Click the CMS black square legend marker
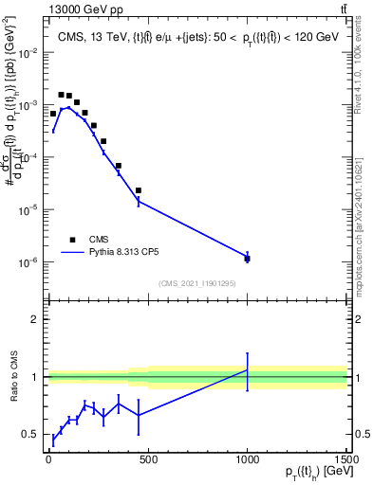[72, 240]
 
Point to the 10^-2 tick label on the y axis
[28, 52]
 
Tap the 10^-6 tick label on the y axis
[28, 261]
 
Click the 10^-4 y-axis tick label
[28, 157]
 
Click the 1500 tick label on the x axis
[346, 459]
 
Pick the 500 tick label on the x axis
[148, 459]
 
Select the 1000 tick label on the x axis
[247, 459]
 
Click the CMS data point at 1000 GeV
[247, 258]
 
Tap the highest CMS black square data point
[61, 95]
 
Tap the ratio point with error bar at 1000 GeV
[247, 369]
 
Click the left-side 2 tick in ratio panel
[33, 319]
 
